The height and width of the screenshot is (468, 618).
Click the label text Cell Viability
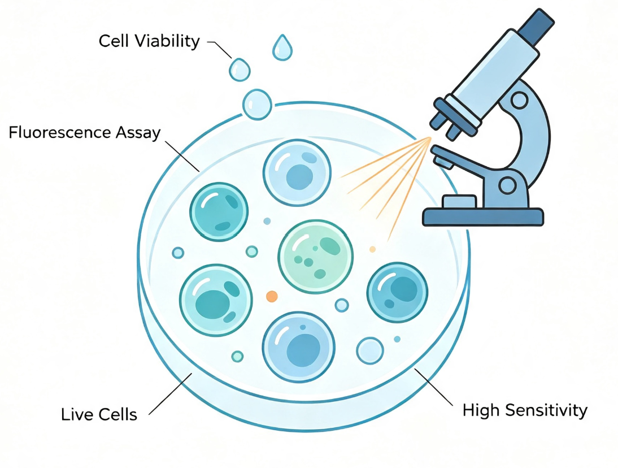149,41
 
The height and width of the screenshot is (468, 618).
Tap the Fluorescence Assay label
84,132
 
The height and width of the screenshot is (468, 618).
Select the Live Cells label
99,414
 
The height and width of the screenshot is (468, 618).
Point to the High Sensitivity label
525,410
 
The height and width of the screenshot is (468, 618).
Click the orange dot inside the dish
272,297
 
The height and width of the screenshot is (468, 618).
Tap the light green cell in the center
315,256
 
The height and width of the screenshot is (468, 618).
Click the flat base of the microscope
483,217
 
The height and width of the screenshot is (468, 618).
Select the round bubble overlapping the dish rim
257,105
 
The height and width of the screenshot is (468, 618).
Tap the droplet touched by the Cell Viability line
240,70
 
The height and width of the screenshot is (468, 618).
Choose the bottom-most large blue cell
299,347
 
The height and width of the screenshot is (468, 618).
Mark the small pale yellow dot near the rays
372,249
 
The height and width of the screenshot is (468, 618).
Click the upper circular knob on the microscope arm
519,100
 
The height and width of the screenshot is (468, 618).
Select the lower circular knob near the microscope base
507,184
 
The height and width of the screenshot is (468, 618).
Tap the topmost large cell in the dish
297,173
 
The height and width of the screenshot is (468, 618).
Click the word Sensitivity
546,410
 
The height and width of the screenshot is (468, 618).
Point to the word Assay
138,133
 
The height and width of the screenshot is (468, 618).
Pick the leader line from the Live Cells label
170,394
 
